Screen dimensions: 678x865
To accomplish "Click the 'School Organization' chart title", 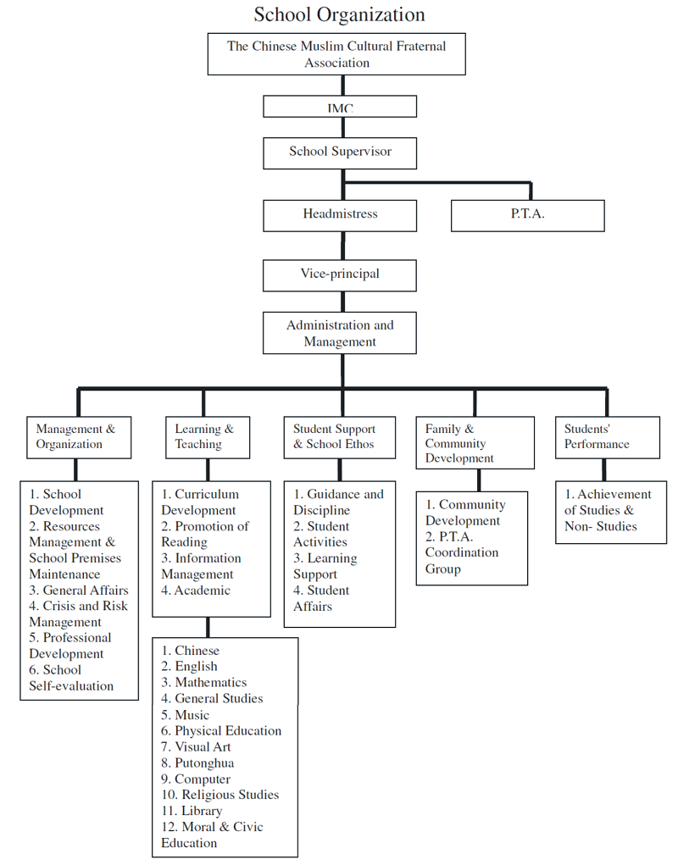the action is coord(339,14).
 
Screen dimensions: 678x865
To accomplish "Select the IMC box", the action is coord(340,107).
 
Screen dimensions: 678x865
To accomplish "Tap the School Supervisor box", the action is coord(340,152).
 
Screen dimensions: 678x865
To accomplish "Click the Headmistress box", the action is coord(340,216).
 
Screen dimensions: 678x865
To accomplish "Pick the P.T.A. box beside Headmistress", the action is coord(528,216).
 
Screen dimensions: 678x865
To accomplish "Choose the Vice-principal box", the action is coord(340,276).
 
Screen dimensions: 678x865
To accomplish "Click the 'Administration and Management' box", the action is coord(340,333).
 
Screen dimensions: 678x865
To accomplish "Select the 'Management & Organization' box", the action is coord(79,437).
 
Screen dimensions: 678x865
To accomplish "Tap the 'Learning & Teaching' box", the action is coord(208,437).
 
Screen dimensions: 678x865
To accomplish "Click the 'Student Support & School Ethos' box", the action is coord(340,437).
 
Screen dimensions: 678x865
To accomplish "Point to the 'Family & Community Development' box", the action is coord(475,443).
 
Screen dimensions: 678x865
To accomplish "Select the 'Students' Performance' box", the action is coord(608,437).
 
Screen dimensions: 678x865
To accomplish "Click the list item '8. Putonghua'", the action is coord(197,763).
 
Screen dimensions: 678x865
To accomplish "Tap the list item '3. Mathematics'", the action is coord(203,682).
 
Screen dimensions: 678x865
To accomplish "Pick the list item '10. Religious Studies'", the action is coord(220,795).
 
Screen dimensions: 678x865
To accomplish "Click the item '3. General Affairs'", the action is coord(79,591).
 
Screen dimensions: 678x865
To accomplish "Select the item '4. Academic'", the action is coord(196,591).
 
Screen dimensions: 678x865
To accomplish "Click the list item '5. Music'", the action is coord(186,715).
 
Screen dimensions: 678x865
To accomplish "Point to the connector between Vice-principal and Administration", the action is coord(342,302).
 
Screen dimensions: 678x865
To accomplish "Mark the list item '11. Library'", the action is coord(192,811).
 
